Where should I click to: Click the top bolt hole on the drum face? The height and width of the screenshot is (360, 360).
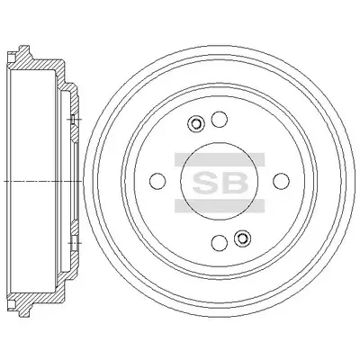pos(219,120)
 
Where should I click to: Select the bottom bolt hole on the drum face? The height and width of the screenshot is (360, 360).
pos(220,242)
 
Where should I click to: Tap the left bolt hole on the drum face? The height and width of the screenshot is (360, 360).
pos(157,181)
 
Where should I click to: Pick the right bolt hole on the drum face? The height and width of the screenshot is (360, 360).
pos(282,181)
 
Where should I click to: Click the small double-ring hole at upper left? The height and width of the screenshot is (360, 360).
pos(195,123)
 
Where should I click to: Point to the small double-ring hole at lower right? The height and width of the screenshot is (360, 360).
pos(242,238)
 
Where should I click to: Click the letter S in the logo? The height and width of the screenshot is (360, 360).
pos(206,183)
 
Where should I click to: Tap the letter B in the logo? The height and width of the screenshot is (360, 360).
pos(235,183)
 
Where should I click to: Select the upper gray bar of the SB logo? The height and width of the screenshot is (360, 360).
pos(220,159)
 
